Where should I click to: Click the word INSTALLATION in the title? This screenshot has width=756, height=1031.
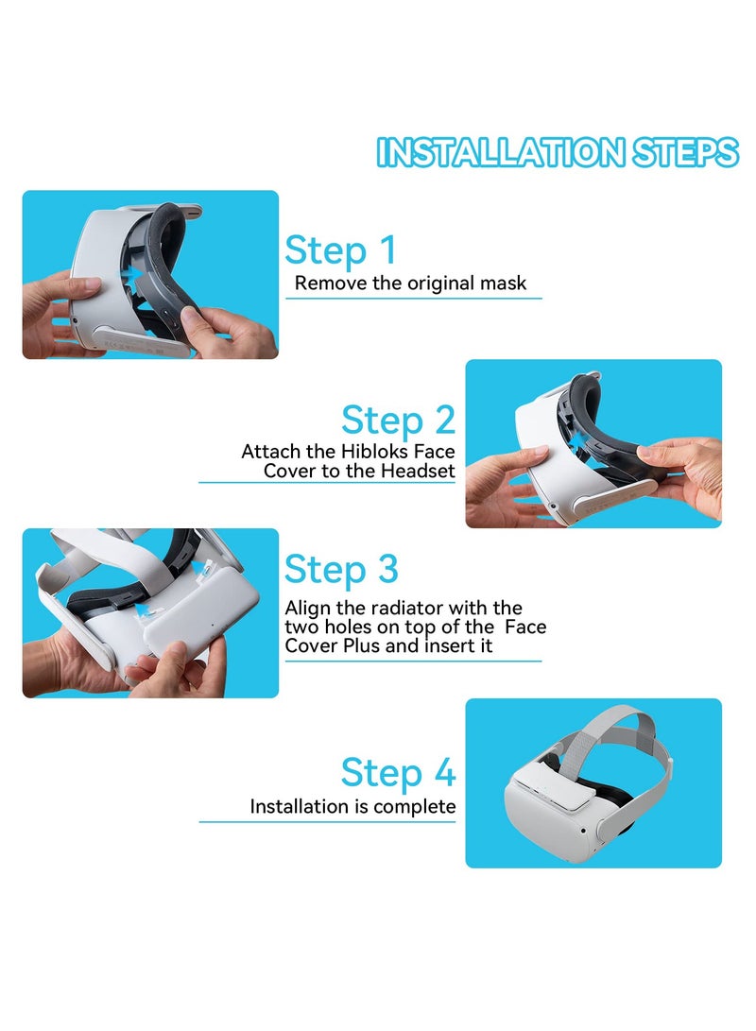point(499,152)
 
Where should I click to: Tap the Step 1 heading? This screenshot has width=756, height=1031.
point(340,250)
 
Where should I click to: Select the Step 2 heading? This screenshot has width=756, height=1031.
point(398,420)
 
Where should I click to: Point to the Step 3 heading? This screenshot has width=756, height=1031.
point(340,570)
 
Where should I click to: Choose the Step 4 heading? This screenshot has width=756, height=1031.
point(398,772)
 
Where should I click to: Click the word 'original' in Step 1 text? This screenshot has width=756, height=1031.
point(420,283)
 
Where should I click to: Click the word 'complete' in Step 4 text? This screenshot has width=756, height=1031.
point(414,807)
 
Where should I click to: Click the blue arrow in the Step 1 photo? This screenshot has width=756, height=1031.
point(138,273)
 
